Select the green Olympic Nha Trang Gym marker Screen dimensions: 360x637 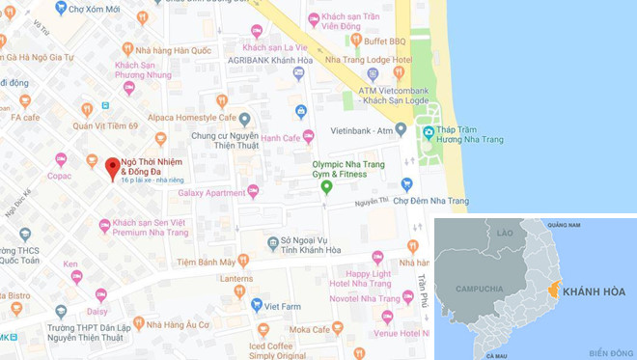(x=326, y=185)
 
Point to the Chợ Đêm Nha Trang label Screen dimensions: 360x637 (x=441, y=201)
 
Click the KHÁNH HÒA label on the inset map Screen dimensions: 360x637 (x=593, y=291)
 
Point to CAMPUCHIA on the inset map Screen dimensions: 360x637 (x=479, y=289)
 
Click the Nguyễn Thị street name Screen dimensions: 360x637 (x=370, y=202)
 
